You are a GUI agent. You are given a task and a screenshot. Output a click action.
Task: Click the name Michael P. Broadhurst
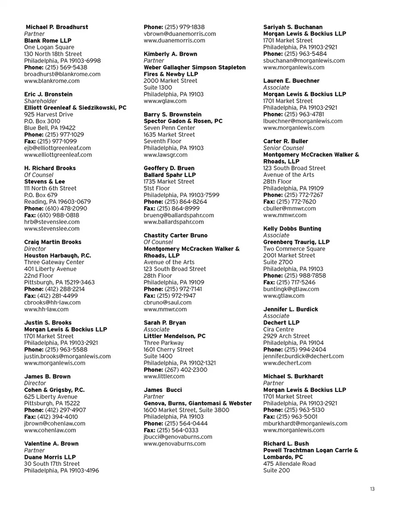[x=57, y=27]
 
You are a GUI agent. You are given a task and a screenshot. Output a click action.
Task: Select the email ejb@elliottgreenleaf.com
[x=57, y=148]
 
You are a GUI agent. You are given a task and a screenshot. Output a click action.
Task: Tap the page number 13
[x=372, y=489]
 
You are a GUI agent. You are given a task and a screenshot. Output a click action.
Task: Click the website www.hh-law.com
[x=47, y=309]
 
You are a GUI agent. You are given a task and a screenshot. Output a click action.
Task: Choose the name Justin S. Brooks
[x=48, y=322]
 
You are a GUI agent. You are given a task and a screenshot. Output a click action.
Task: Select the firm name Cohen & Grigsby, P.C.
[x=54, y=390]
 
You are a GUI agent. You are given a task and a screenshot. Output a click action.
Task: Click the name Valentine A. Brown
[x=51, y=444]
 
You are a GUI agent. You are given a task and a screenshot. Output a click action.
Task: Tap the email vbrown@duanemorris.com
[x=180, y=34]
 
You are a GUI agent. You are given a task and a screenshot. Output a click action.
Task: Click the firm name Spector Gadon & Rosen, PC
[x=183, y=121]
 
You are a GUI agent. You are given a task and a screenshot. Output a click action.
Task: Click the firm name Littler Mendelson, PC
[x=175, y=336]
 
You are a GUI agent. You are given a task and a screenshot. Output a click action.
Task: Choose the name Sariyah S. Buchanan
[x=293, y=27]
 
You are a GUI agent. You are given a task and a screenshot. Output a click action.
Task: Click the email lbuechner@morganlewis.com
[x=303, y=121]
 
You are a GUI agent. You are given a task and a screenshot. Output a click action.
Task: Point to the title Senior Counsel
[x=283, y=148]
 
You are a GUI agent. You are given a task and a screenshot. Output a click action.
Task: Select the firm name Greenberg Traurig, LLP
[x=296, y=242]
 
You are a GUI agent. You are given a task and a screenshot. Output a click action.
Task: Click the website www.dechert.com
[x=287, y=363]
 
